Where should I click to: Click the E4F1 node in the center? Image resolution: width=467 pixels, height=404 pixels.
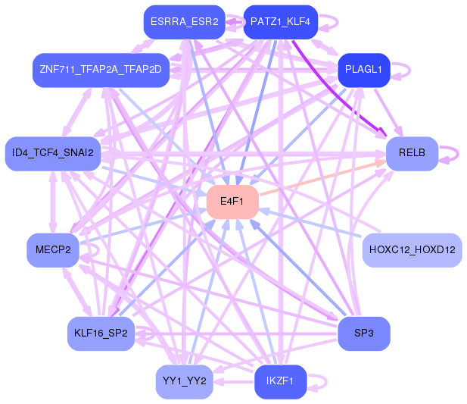(232, 202)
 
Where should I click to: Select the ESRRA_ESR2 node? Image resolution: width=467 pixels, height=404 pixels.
(184, 22)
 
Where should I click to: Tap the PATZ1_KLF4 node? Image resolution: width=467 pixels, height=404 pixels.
(279, 22)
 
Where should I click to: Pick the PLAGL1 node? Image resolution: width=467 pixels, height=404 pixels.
(363, 69)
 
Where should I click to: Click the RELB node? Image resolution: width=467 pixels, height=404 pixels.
(412, 153)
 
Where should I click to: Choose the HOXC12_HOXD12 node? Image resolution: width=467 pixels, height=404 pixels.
(412, 249)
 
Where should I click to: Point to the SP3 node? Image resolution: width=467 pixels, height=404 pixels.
(363, 334)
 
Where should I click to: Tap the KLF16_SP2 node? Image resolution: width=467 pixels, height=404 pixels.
(101, 334)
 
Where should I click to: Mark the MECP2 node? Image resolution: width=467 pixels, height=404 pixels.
(53, 249)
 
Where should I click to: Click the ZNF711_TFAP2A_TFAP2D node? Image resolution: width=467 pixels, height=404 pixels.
(101, 69)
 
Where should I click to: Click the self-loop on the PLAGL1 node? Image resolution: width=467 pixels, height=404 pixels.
(404, 70)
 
